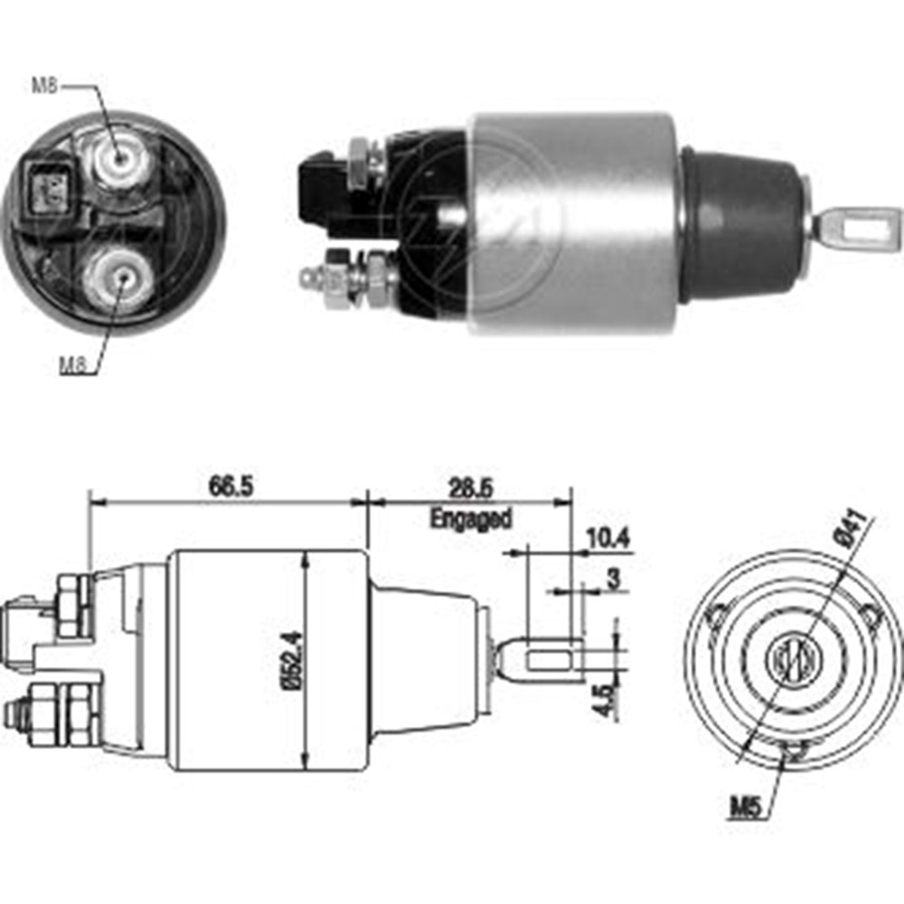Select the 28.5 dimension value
click(470, 489)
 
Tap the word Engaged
click(470, 519)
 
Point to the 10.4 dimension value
click(607, 539)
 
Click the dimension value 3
click(614, 579)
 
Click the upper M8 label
click(46, 87)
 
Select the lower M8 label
click(73, 364)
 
